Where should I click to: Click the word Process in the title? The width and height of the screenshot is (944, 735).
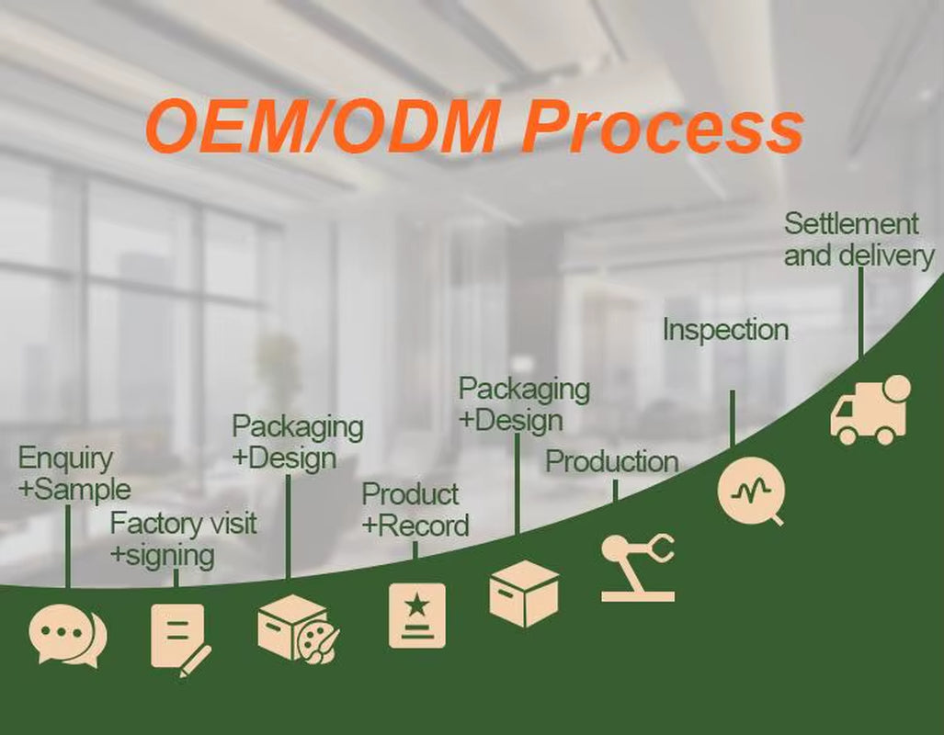662,127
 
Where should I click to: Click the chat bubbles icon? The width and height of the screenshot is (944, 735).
67,636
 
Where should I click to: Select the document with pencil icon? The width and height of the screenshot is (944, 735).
180,639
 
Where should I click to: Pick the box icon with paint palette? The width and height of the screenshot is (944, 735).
298,629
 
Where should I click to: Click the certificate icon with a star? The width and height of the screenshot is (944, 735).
417,616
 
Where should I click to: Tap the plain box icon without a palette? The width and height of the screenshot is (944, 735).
524,594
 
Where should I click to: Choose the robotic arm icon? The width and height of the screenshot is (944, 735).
638,567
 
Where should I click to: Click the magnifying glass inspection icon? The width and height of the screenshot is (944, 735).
752,492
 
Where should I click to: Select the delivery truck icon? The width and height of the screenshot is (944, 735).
870,410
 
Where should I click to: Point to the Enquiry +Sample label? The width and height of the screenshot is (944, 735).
74,473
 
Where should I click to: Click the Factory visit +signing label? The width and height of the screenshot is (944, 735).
184,539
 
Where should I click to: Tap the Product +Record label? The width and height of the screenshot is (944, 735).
415,510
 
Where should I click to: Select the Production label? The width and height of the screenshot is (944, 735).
611,462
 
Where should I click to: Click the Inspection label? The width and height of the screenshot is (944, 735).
725,331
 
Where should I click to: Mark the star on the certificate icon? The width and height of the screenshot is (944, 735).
416,605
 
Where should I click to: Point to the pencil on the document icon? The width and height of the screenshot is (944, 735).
195,661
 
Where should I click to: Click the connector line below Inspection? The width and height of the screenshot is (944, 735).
733,418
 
